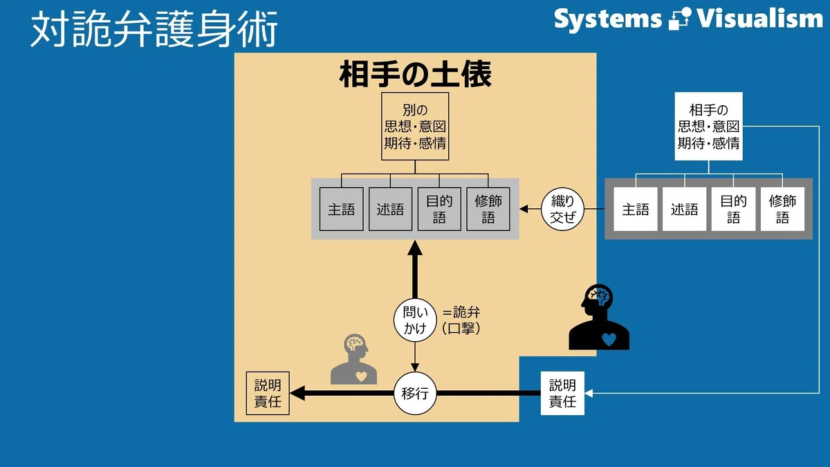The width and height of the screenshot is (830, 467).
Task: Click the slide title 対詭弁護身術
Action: coord(154,28)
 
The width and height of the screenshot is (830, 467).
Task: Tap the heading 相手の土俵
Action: coord(416,74)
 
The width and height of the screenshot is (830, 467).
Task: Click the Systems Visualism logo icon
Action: coord(679,19)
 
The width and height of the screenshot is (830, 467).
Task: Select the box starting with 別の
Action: coord(415,127)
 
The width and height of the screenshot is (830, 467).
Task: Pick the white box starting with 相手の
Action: coord(708,127)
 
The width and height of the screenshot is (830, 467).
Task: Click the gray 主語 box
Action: coord(341,209)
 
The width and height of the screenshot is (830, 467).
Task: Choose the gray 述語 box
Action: coord(390,209)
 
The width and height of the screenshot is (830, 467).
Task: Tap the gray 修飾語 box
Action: coord(488,209)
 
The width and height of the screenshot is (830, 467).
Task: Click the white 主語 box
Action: coord(636,209)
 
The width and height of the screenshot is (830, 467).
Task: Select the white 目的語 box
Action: coord(733,209)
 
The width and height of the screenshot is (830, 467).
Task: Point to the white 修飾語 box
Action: coord(782,209)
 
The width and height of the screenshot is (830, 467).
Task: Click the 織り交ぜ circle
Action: coord(562,209)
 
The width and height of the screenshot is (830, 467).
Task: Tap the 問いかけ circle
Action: coord(415,320)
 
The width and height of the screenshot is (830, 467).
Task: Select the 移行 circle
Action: coord(415,393)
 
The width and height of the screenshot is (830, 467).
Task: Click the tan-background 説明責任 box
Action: coord(268,393)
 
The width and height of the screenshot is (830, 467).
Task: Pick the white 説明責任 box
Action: coord(562,393)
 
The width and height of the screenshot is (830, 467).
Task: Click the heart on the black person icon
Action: coord(609,339)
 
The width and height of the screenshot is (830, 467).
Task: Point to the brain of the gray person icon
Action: coord(355,343)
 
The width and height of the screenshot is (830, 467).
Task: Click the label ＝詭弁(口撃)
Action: coord(461,320)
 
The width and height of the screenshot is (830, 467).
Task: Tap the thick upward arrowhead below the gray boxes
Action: coord(415,248)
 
